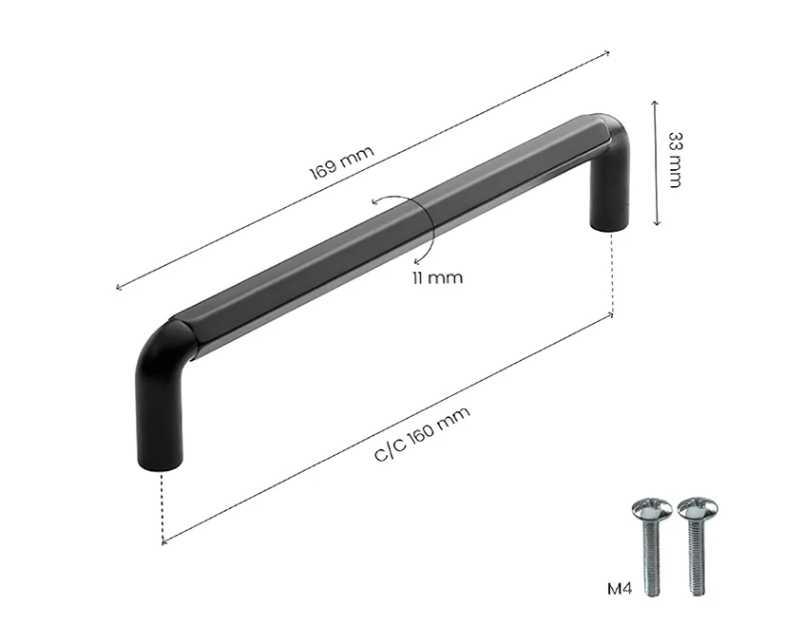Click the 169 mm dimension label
[x=341, y=162]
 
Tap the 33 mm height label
[x=676, y=161]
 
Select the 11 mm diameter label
[x=437, y=278]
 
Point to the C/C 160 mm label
[x=422, y=433]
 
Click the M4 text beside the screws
[x=620, y=589]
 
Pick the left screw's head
[x=651, y=507]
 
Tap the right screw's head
[x=697, y=507]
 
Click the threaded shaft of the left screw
[x=651, y=557]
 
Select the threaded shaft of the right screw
[x=696, y=557]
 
